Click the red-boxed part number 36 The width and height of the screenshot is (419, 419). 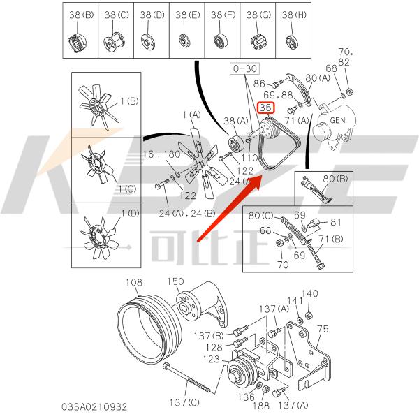(266, 108)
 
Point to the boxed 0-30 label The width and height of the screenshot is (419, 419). (244, 69)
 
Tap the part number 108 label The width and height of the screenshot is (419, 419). (133, 282)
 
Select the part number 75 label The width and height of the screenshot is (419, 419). (323, 328)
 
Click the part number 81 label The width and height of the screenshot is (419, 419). (336, 223)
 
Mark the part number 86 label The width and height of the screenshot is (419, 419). (260, 82)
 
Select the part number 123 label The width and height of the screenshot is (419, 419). (212, 360)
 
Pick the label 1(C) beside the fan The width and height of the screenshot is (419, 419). (128, 189)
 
